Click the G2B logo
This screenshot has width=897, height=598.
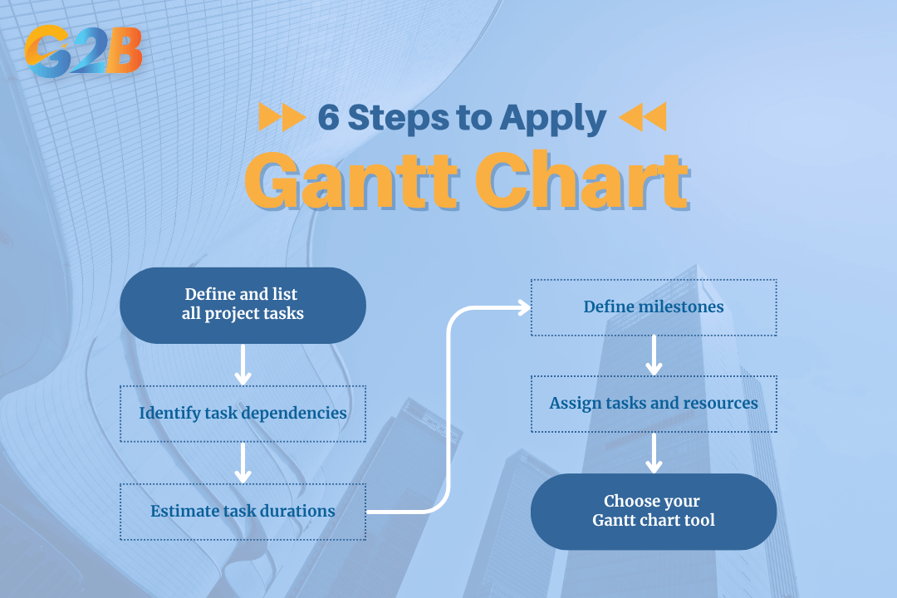(83, 51)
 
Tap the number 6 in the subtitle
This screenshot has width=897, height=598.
(329, 118)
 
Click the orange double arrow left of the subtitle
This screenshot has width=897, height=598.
(282, 118)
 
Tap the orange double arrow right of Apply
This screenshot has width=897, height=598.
(643, 118)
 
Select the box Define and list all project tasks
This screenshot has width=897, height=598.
(243, 305)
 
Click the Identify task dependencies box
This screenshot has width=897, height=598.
(243, 413)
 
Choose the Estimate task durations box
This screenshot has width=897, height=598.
(243, 511)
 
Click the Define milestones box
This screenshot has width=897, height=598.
(654, 307)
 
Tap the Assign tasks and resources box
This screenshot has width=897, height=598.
(654, 404)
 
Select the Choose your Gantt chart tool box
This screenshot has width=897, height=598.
(654, 512)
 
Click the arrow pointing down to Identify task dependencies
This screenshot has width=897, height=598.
(243, 365)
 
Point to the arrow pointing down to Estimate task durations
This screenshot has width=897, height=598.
(243, 463)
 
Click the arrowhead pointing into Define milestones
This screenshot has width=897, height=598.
(523, 308)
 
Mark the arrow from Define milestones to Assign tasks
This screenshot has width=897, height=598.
(654, 355)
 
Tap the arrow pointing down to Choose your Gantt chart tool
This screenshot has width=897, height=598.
(654, 453)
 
